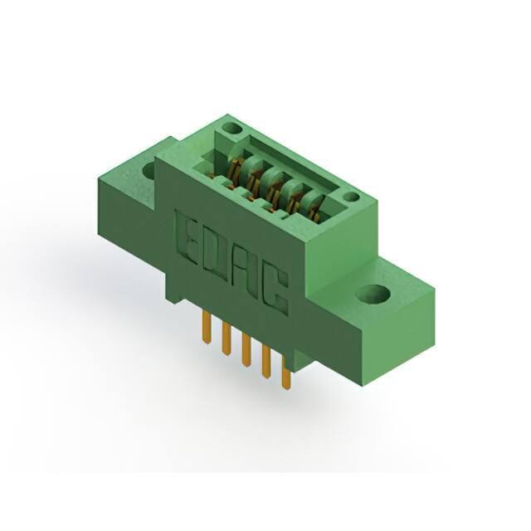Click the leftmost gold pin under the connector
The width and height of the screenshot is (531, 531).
[205, 326]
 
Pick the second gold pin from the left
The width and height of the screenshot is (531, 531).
[225, 339]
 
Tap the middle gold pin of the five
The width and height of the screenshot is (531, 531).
[246, 350]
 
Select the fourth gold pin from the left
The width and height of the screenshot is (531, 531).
[265, 362]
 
